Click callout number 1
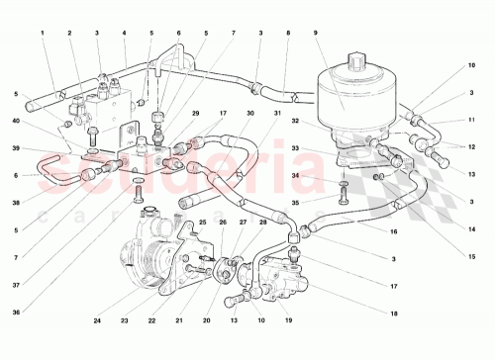pos(44,34)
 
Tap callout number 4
pos(124,34)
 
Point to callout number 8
pos(287,34)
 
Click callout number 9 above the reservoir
pos(314,34)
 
